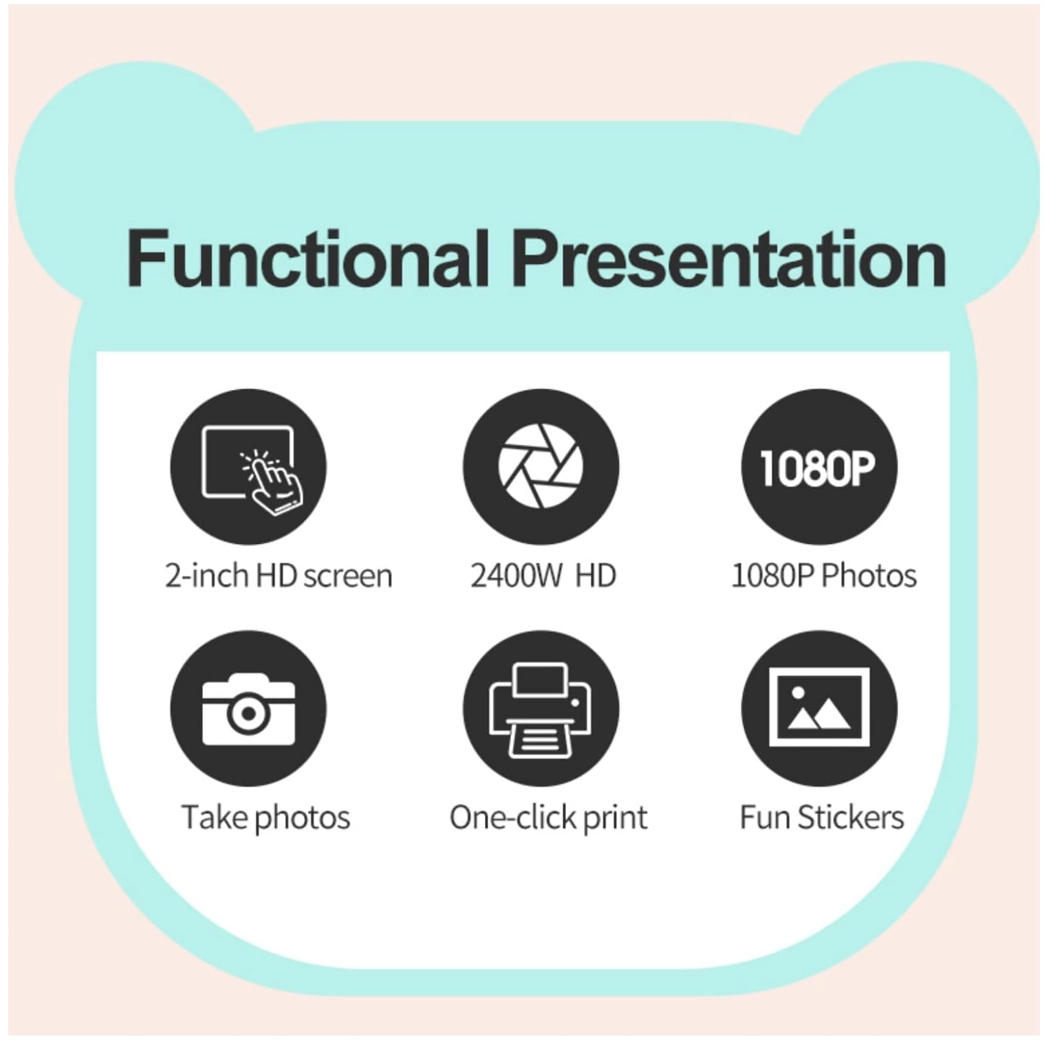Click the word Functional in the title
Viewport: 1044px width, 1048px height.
click(x=307, y=258)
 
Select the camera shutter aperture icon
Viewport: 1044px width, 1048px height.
click(x=541, y=465)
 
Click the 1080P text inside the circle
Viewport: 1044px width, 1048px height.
click(x=818, y=468)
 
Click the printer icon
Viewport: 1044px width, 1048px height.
click(x=541, y=710)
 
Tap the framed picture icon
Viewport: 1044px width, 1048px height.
click(x=819, y=706)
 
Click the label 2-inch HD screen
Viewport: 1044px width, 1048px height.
click(x=279, y=576)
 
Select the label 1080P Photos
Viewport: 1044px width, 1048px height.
click(x=823, y=576)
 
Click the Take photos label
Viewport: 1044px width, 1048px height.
click(x=265, y=818)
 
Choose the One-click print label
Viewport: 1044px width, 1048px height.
click(x=548, y=818)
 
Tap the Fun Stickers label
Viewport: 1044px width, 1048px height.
click(x=822, y=817)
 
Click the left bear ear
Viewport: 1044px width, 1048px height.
click(x=131, y=179)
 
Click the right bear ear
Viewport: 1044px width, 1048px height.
click(x=918, y=179)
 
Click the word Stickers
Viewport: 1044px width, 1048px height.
click(x=851, y=817)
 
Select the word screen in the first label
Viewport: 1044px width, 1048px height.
click(x=348, y=576)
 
